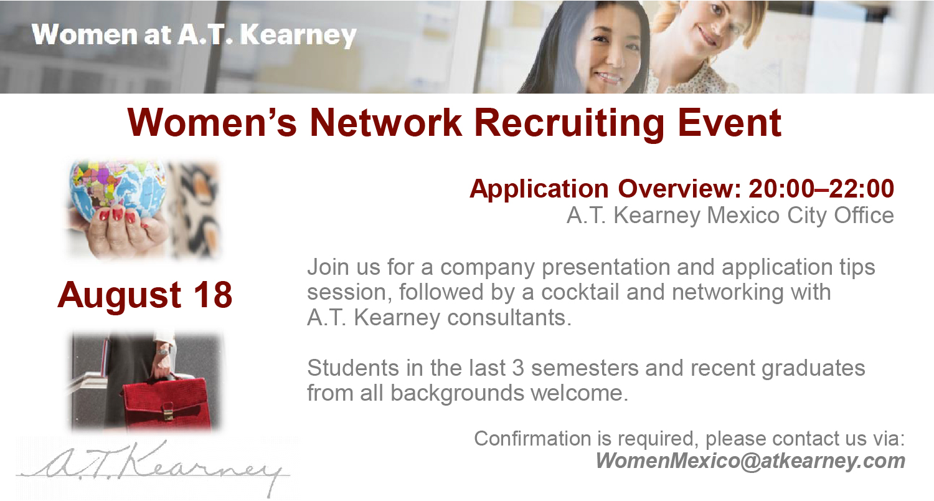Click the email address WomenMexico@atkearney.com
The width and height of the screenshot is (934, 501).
(750, 461)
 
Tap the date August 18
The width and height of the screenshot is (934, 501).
(144, 295)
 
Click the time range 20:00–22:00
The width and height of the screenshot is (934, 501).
(821, 189)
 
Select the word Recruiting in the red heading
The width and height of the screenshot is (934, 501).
(569, 123)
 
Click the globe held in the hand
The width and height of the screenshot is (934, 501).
(118, 188)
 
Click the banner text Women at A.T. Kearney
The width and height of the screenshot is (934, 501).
(194, 35)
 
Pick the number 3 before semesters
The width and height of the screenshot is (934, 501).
(518, 368)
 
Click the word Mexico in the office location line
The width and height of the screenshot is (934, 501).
(743, 216)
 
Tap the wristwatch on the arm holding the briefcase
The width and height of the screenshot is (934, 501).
(163, 351)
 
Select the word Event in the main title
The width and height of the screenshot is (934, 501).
(730, 123)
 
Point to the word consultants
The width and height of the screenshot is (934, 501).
(509, 317)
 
